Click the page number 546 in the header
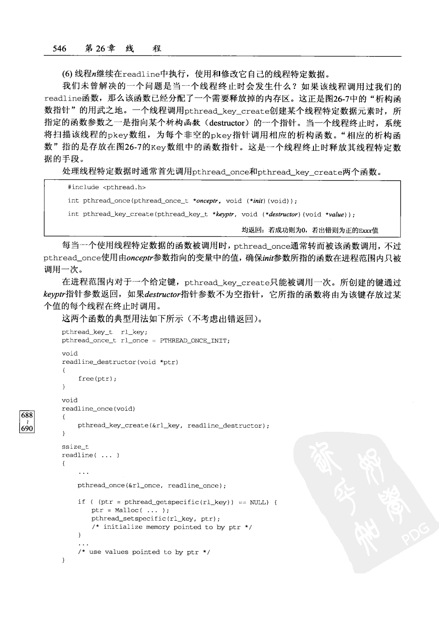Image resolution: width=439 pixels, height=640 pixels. (x=59, y=49)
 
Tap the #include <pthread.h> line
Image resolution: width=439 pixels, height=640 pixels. (x=106, y=187)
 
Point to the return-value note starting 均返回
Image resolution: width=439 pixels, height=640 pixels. (x=309, y=230)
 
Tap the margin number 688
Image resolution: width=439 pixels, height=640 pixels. (x=27, y=415)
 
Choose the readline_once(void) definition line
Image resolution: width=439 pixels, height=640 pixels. (x=98, y=408)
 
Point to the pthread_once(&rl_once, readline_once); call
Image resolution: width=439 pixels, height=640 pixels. (x=152, y=485)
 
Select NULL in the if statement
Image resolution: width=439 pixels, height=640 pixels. (x=259, y=502)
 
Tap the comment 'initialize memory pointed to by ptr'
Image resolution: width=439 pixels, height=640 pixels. (x=172, y=527)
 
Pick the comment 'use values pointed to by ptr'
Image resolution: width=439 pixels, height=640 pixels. (x=144, y=552)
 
